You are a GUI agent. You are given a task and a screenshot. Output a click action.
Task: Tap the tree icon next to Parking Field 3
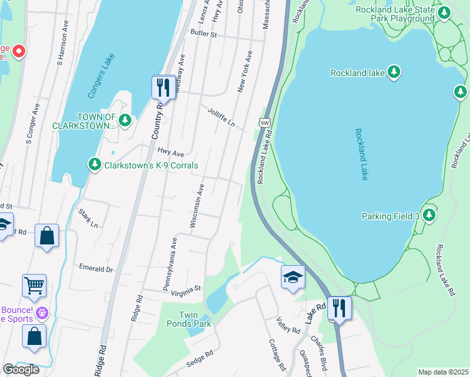click(429, 216)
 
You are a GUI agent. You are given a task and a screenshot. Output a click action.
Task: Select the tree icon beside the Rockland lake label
click(394, 72)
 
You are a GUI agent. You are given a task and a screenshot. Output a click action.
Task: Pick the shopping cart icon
click(34, 285)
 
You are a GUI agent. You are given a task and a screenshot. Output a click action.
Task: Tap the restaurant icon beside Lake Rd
click(339, 308)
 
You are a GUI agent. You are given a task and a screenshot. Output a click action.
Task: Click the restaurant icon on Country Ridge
click(163, 87)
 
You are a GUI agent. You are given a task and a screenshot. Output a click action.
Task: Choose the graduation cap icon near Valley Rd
click(293, 277)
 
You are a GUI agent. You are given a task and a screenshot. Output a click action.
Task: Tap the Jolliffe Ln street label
click(221, 117)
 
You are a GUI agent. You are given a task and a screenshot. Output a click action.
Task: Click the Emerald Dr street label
click(96, 268)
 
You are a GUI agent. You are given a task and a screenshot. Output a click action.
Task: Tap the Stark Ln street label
click(88, 219)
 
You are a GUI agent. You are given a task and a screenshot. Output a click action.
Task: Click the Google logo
click(21, 369)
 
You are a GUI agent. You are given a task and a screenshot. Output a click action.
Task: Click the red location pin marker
click(18, 50)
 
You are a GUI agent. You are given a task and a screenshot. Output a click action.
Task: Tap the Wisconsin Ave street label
click(195, 205)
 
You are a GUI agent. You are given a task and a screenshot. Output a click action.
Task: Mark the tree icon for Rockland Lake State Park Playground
click(445, 13)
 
